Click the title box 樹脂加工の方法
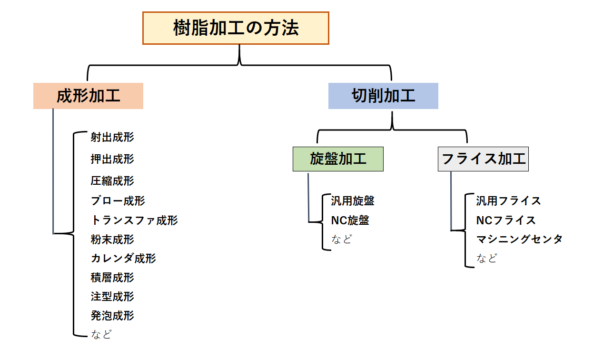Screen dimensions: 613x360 [236, 28]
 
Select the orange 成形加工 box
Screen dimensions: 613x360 [88, 96]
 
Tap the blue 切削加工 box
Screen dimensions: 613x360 [383, 96]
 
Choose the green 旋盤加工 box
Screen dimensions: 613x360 [338, 159]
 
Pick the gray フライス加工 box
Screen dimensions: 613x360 [483, 159]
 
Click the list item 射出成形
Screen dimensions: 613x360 [112, 137]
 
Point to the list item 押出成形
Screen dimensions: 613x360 [112, 159]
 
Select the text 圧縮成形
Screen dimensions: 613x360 [112, 181]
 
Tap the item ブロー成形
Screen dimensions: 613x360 [118, 200]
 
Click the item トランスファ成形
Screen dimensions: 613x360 [134, 220]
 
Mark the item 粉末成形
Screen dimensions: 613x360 [112, 239]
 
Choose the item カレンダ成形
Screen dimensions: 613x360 [123, 258]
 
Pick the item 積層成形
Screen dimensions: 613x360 [112, 277]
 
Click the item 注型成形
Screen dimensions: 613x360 [112, 297]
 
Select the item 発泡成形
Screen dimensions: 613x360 [112, 316]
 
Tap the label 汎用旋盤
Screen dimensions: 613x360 [353, 200]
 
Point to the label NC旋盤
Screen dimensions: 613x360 [350, 220]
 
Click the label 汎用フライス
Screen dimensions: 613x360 [508, 200]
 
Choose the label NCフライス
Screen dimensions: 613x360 [506, 220]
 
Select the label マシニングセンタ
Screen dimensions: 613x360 [519, 239]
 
